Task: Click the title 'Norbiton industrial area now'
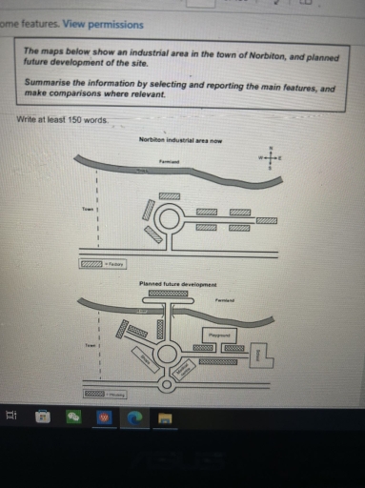(x=180, y=140)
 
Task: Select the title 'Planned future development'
(x=178, y=284)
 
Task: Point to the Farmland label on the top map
(x=170, y=162)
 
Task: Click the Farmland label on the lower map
(x=225, y=300)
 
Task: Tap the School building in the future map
(x=266, y=355)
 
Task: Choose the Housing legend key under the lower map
(x=95, y=393)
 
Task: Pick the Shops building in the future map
(x=146, y=360)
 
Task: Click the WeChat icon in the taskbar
(x=72, y=417)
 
